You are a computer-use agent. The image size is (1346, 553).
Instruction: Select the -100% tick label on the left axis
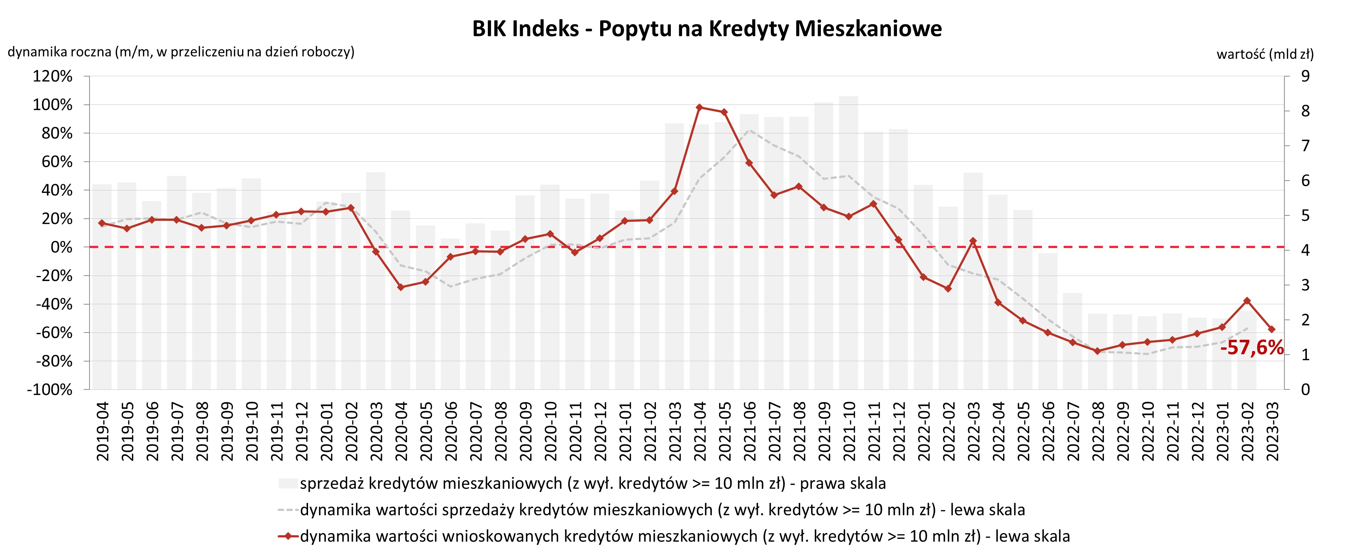[50, 389]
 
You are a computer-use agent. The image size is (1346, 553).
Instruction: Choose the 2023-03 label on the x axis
[1272, 431]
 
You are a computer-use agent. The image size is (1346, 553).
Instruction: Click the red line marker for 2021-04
[699, 107]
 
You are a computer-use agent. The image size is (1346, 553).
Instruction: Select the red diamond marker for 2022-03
[973, 241]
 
